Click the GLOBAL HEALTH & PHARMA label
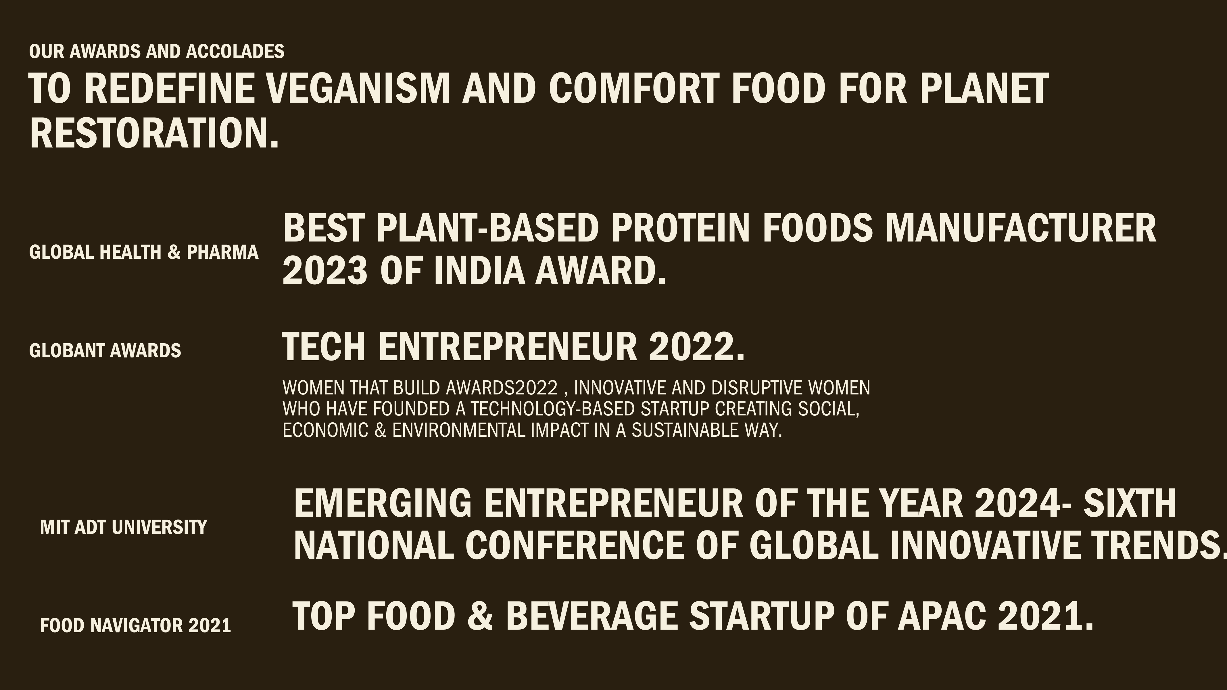(144, 252)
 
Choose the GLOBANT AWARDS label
(105, 351)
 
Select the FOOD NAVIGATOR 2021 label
(136, 625)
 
